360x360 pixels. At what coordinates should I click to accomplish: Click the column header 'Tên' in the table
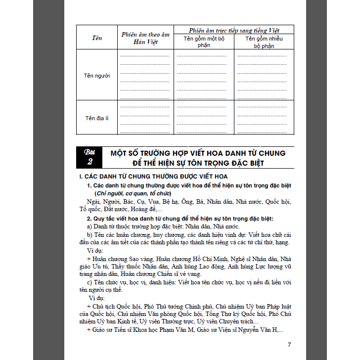pyautogui.click(x=97, y=38)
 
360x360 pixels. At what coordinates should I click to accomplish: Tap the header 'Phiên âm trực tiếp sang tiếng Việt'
pyautogui.click(x=234, y=30)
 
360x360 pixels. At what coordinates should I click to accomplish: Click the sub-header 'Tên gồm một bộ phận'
pyautogui.click(x=204, y=42)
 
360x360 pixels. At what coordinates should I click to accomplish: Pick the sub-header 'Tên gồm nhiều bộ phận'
pyautogui.click(x=264, y=42)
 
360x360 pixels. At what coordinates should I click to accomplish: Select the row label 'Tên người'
pyautogui.click(x=97, y=76)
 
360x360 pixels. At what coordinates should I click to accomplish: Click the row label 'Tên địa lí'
pyautogui.click(x=97, y=118)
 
